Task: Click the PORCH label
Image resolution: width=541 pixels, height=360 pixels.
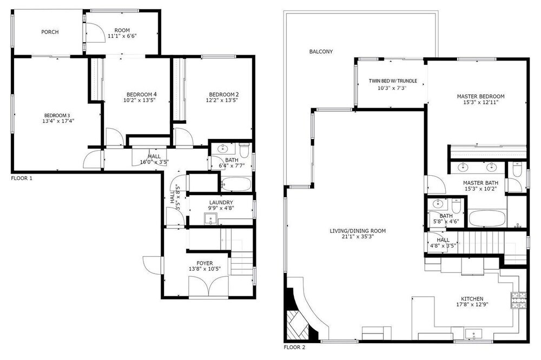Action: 50,32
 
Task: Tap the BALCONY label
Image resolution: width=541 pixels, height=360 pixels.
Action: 321,52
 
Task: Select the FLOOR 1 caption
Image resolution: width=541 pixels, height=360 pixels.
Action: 22,178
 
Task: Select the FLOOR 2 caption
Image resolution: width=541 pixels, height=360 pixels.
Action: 294,347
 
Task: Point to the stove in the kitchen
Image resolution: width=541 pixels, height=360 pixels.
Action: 519,300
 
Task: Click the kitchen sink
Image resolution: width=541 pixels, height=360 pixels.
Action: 473,334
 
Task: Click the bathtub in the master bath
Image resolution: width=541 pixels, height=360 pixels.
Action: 487,218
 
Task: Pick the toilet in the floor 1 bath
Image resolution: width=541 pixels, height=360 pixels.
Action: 245,150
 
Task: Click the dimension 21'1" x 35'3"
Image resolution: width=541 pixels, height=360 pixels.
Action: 358,237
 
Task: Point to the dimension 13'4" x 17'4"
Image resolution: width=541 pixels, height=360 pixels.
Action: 58,121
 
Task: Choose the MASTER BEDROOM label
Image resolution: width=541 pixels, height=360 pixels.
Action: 480,97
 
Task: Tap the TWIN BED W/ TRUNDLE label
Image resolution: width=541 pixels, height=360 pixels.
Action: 393,81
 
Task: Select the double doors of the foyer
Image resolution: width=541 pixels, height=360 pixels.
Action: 208,286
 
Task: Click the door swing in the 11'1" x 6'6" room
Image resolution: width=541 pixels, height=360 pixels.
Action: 95,33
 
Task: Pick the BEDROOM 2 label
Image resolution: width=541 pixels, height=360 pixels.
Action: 224,95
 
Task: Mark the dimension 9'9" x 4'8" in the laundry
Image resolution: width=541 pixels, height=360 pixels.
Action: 221,208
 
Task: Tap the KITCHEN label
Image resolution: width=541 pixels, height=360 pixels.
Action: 472,298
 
